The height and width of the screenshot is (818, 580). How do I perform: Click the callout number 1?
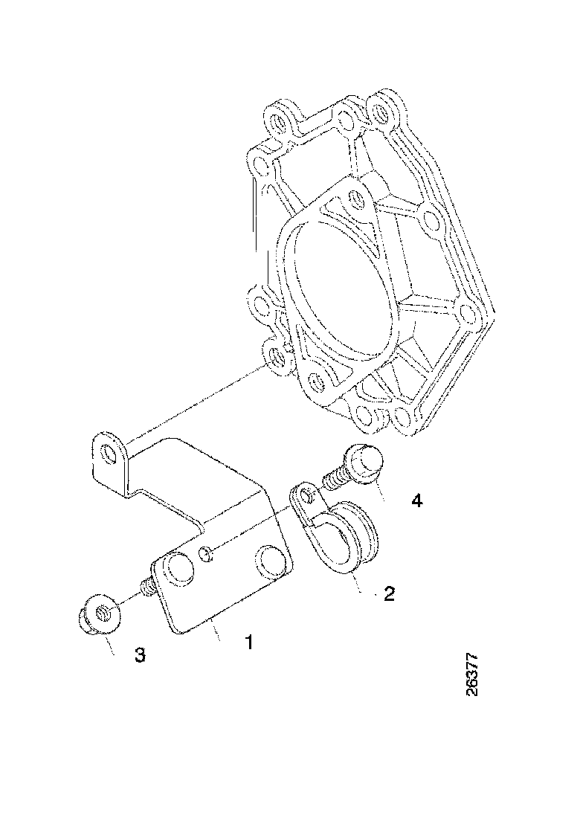(x=249, y=641)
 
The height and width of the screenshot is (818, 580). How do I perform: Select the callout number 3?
(x=139, y=654)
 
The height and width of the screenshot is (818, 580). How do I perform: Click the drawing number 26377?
(x=471, y=675)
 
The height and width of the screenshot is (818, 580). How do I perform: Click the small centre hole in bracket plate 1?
(x=207, y=553)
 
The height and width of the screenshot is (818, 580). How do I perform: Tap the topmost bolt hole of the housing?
(x=381, y=112)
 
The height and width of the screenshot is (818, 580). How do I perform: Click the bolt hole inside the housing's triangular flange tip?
(x=354, y=199)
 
